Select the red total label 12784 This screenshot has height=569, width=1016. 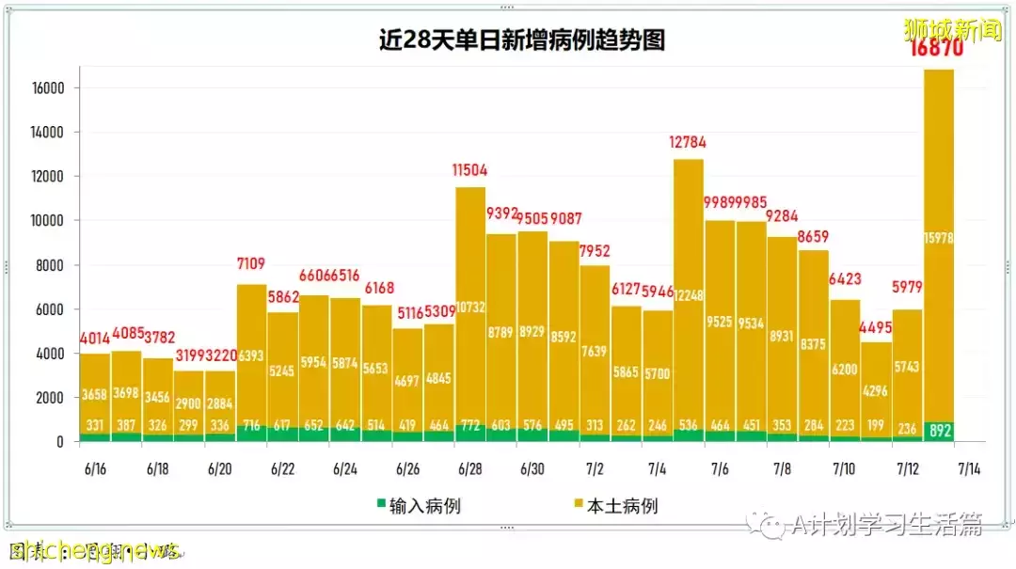pos(688,143)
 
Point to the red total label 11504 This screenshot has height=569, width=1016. pos(469,170)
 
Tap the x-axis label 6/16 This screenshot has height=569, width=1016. pos(95,468)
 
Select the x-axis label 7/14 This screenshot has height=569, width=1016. pos(969,468)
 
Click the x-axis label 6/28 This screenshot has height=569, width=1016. pos(469,468)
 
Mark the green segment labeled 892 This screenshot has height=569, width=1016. pos(938,432)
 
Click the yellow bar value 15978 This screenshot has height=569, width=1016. pos(938,238)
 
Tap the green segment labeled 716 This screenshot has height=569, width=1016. pos(251,426)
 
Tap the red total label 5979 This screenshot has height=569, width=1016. pos(907,288)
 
